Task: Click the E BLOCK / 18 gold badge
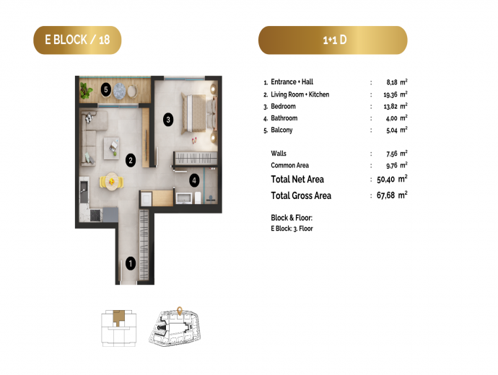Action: [x=77, y=40]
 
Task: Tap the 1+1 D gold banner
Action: [x=333, y=40]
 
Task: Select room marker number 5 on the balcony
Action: [x=106, y=90]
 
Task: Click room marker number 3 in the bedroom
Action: [x=168, y=120]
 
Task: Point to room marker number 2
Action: [x=131, y=160]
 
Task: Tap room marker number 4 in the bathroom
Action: [x=194, y=180]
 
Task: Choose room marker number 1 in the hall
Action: [x=131, y=263]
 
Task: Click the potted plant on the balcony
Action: [x=86, y=90]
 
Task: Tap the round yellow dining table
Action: [x=111, y=181]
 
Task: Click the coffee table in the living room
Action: [x=111, y=148]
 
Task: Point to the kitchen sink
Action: [x=84, y=190]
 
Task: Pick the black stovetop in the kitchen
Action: [x=95, y=215]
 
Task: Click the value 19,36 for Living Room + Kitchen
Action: [x=390, y=95]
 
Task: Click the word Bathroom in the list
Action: [x=284, y=118]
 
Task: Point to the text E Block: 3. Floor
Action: [x=292, y=229]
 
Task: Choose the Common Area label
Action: [x=289, y=165]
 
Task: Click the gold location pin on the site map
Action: [x=180, y=311]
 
